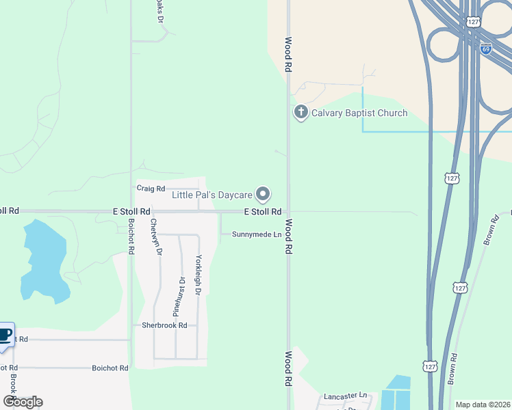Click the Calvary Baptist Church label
359,113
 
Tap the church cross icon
300,113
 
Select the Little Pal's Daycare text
212,195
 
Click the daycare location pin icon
263,195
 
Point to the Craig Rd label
151,188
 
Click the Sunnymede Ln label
257,234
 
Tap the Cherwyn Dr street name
155,236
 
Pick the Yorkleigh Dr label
199,275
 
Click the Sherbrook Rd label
164,325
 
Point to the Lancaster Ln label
346,396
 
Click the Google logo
23,402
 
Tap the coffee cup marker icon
4,336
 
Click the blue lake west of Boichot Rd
44,263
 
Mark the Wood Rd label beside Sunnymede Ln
289,237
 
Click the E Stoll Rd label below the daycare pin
263,212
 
